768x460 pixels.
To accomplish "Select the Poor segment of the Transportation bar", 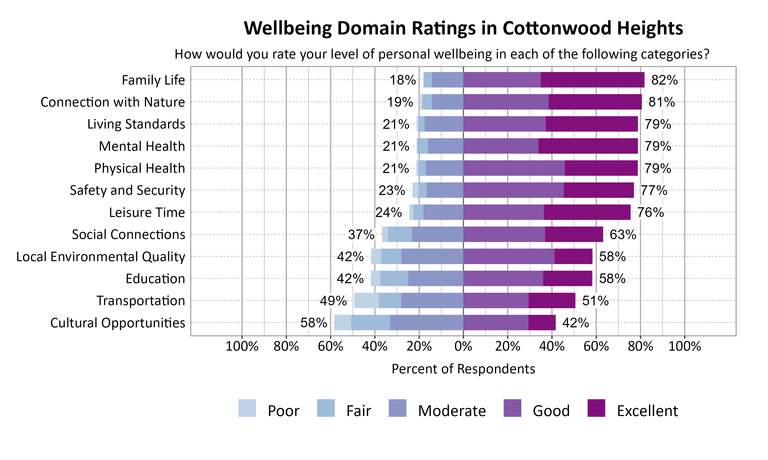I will [366, 300].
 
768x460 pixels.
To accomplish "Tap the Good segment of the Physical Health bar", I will [514, 168].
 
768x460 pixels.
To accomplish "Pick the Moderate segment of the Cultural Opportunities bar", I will [426, 322].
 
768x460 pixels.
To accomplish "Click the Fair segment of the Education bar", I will [394, 278].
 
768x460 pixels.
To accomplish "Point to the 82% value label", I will [664, 80].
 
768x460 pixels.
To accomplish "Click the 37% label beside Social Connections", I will [361, 234].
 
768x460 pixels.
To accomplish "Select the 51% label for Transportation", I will [595, 301].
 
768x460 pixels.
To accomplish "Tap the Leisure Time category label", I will [147, 213].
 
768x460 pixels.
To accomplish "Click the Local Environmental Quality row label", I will [101, 257].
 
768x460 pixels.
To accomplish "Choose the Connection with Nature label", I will [113, 102].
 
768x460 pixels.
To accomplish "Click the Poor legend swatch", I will [247, 408].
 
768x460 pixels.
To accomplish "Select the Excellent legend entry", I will [647, 411].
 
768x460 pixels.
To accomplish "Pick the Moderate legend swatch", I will [397, 408].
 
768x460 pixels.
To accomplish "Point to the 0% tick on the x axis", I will [463, 346].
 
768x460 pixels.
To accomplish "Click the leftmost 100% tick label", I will [242, 346].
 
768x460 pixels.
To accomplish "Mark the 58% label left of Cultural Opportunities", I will [313, 323].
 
